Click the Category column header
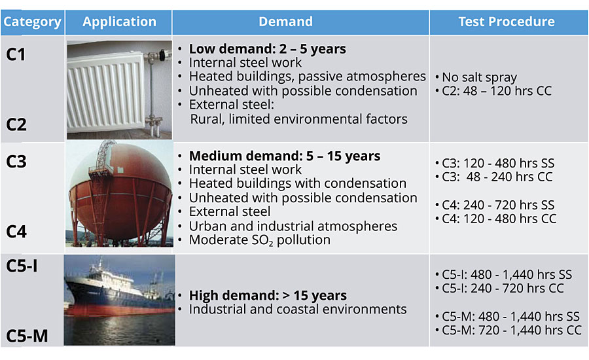(32, 22)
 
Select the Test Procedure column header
(507, 22)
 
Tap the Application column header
(120, 22)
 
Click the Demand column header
(285, 22)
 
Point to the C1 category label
(16, 55)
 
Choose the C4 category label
(16, 232)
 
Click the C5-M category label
(27, 336)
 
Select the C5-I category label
(22, 266)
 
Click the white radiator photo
(120, 90)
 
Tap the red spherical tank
(120, 192)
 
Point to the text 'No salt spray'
(479, 77)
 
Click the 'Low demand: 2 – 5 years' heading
(268, 49)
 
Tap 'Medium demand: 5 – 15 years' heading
(285, 156)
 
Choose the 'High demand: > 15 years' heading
(268, 296)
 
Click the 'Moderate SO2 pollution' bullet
(260, 240)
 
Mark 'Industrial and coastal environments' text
(298, 309)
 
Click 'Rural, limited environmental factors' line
(298, 119)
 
